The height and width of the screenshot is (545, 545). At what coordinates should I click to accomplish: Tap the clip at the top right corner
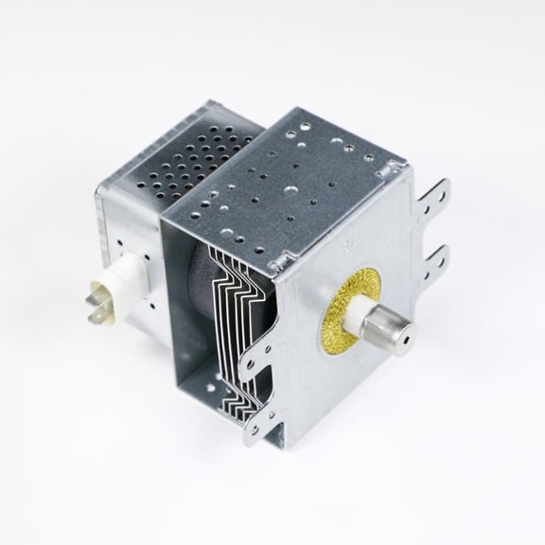pos(388,168)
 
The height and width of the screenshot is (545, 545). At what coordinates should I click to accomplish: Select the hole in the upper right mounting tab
pos(436,199)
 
